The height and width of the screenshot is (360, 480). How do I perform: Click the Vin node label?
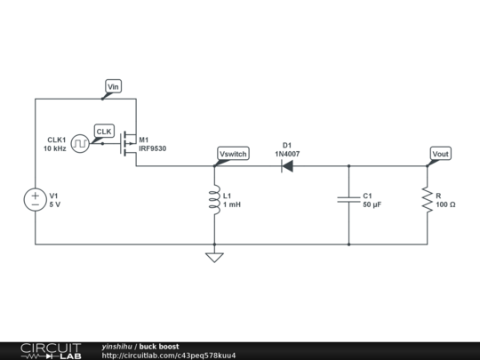point(113,86)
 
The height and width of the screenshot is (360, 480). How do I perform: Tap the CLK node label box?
point(105,132)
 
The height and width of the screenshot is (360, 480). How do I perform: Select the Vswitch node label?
point(233,154)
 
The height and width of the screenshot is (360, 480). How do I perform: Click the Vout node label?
point(440,154)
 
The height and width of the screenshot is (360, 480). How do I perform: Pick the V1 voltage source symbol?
point(36,200)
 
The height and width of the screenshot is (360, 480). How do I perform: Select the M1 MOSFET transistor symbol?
point(130,143)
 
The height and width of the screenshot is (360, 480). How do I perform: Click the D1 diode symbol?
point(286,165)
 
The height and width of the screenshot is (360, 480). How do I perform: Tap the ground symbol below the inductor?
point(214,257)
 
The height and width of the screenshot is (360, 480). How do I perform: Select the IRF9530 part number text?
point(152,148)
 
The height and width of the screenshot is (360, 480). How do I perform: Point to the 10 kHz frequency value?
point(54,148)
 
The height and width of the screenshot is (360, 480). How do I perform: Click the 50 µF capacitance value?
point(372,205)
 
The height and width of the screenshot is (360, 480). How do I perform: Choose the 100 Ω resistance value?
point(446,205)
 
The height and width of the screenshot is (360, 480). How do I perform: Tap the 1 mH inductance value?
point(232,205)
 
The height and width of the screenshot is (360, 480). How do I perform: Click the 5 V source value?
point(55,205)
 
